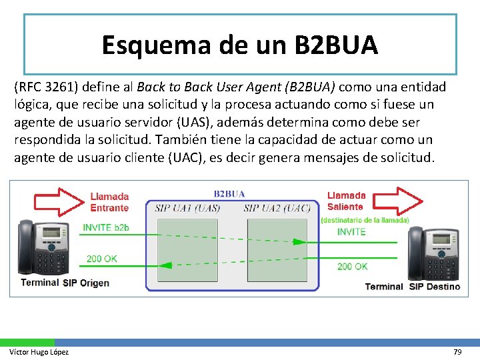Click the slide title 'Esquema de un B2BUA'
240,45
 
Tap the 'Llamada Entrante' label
109,202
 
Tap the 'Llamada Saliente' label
346,201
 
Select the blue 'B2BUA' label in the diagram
229,194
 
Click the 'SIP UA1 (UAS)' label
187,208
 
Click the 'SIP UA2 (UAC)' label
277,208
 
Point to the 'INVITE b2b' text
105,227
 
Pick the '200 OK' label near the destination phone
352,266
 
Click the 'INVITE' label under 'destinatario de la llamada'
351,232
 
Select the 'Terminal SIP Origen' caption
65,283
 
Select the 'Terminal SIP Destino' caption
412,287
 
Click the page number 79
457,351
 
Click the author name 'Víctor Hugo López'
39,351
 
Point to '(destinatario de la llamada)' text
365,220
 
